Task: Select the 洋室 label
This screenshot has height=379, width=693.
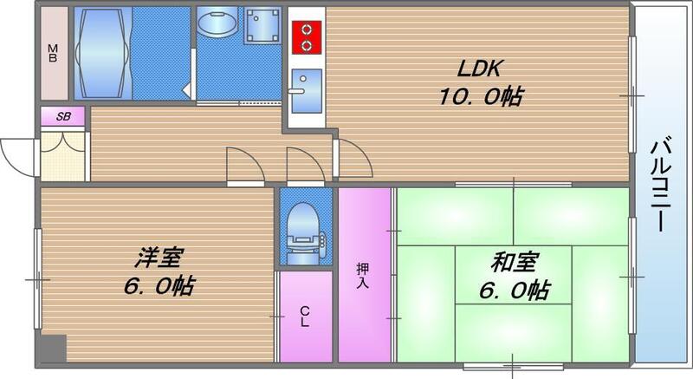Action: pos(158,258)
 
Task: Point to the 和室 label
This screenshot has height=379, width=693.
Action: pos(514,261)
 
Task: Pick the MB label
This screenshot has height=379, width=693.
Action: pos(54,53)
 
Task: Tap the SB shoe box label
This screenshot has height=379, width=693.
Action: pos(63,116)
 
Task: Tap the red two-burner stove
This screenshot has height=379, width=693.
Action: pos(306,37)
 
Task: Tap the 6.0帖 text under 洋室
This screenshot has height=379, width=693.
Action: pos(158,284)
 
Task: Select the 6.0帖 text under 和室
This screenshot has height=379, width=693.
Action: pos(514,290)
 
